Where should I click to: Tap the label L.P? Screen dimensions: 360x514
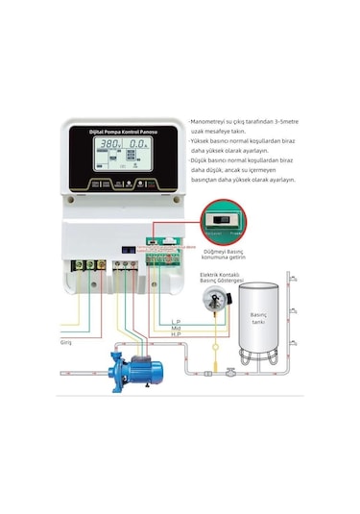pos(176,321)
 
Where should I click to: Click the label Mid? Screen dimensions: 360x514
pos(175,328)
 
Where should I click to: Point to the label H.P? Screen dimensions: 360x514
pos(176,334)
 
